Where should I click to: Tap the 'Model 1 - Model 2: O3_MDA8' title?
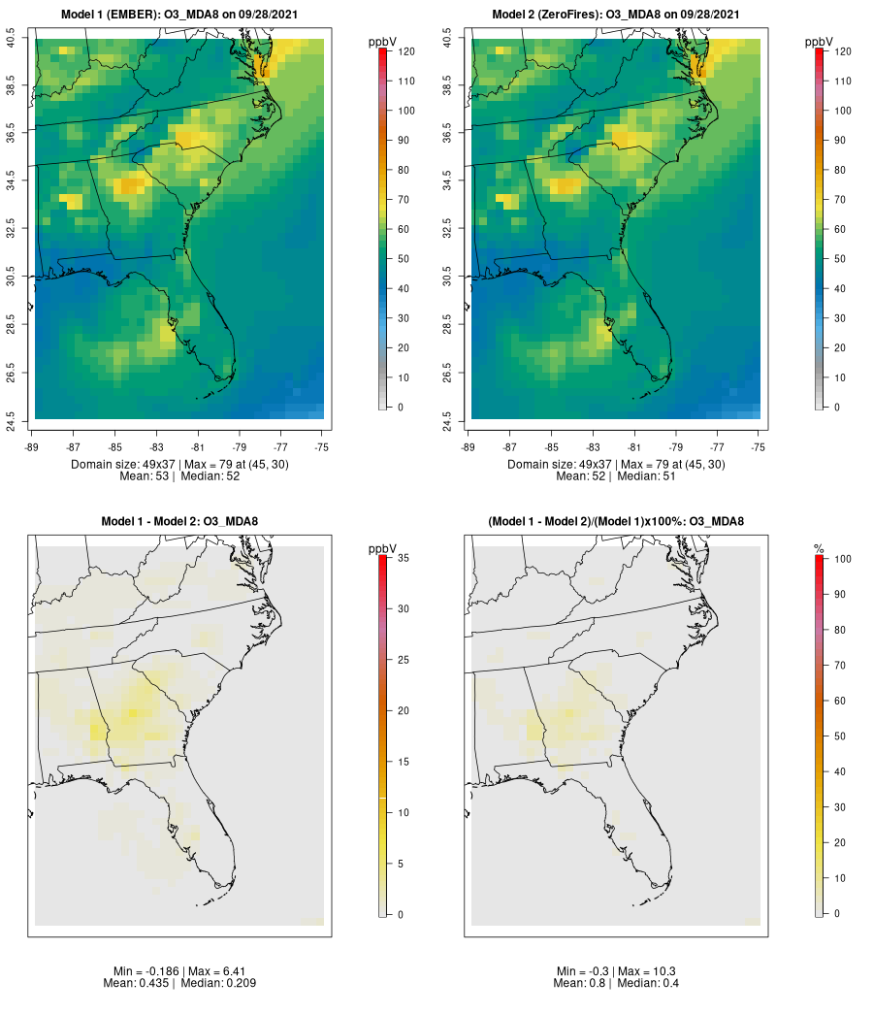click(x=179, y=522)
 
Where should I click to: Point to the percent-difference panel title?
click(x=616, y=522)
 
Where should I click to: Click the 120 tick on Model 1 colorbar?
click(x=405, y=51)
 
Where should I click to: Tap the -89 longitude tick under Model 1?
click(x=32, y=447)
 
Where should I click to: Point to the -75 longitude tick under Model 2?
click(x=759, y=447)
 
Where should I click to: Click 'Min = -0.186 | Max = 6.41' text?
click(x=179, y=971)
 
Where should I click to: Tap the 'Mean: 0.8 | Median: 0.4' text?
click(x=616, y=983)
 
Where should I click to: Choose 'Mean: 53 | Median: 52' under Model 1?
click(x=179, y=475)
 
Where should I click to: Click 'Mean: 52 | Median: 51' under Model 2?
click(x=616, y=475)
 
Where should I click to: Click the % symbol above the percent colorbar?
click(x=819, y=550)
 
